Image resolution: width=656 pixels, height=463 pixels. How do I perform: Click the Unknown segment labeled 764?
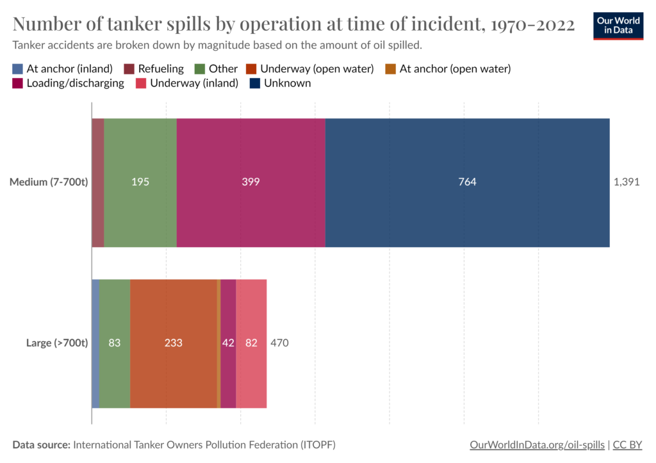click(x=467, y=182)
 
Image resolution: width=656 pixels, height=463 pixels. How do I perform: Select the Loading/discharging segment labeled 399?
click(x=250, y=182)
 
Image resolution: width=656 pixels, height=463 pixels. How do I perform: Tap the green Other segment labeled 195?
click(x=140, y=182)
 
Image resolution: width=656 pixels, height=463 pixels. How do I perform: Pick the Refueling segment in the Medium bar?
click(x=98, y=182)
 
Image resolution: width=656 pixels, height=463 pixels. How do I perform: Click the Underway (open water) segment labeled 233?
click(x=174, y=343)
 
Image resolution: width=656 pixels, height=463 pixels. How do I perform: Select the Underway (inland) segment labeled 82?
click(x=251, y=343)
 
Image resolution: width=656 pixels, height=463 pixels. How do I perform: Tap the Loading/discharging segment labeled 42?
click(x=228, y=343)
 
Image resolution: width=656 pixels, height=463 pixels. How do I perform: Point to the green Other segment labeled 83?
click(x=115, y=343)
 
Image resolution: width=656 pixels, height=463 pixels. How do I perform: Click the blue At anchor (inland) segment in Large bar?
click(x=95, y=343)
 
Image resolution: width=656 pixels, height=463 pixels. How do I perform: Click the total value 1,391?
click(x=627, y=182)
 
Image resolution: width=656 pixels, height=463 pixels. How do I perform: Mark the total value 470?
click(x=279, y=343)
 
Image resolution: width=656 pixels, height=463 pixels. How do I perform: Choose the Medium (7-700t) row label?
click(x=48, y=182)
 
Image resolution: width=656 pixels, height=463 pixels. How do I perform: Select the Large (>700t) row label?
click(x=56, y=343)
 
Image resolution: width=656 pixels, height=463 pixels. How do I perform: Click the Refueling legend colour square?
click(x=129, y=69)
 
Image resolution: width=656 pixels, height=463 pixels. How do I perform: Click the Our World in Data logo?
click(x=618, y=25)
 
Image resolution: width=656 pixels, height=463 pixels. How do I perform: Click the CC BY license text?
click(x=628, y=444)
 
